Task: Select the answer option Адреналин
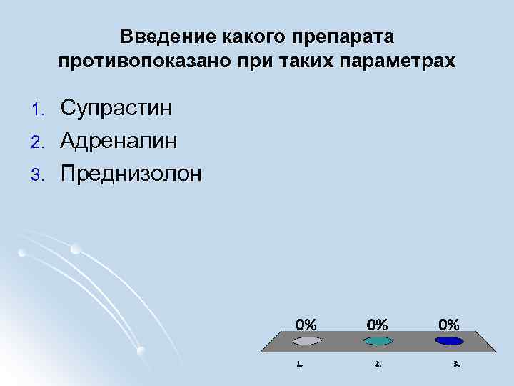119,140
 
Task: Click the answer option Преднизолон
131,172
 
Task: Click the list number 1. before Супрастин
40,109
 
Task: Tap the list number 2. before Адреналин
40,142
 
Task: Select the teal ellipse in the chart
378,341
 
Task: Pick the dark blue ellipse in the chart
449,341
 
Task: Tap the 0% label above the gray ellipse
307,323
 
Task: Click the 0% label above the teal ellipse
378,323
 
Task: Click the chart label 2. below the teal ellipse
378,364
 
